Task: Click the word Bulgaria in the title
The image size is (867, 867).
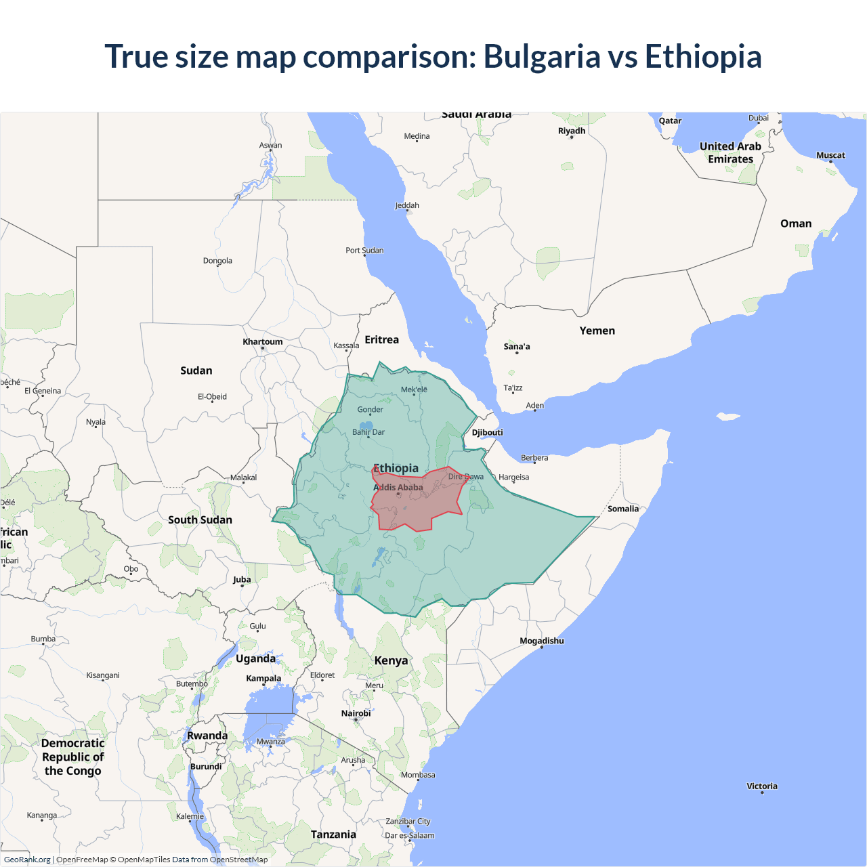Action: tap(541, 56)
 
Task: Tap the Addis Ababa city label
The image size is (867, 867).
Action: tap(398, 487)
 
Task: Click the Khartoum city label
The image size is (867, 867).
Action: tap(263, 341)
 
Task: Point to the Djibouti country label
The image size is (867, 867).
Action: tap(488, 432)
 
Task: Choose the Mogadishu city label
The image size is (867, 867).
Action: tap(541, 641)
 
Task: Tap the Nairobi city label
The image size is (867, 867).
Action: tap(356, 713)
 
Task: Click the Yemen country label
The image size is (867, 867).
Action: tap(597, 331)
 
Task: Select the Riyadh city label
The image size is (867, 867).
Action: tap(571, 131)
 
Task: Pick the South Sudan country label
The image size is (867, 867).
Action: tap(200, 520)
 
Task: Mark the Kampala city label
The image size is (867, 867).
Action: tap(263, 678)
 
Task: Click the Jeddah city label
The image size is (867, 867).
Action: tap(407, 205)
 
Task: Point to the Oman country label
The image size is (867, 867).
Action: tap(795, 224)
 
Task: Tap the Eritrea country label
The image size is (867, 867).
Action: tap(381, 339)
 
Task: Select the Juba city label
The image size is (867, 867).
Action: tap(242, 579)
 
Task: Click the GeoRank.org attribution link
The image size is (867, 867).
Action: tap(27, 860)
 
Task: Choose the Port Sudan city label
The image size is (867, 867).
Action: tap(364, 250)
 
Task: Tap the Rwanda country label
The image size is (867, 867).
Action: tap(207, 736)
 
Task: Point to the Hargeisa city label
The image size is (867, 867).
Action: tap(513, 477)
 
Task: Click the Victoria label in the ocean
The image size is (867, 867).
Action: tap(761, 786)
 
